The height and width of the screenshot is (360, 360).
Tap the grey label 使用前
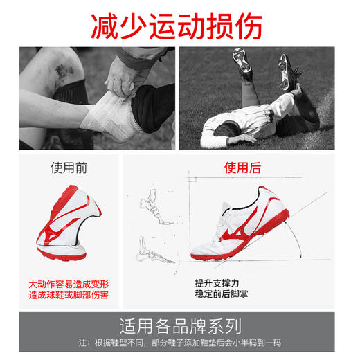click(68, 168)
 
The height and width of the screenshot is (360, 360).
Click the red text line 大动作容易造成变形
click(69, 284)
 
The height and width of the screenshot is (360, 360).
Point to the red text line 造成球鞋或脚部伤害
click(69, 295)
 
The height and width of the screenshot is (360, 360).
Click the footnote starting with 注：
click(180, 343)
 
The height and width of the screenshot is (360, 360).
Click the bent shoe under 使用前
click(69, 222)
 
